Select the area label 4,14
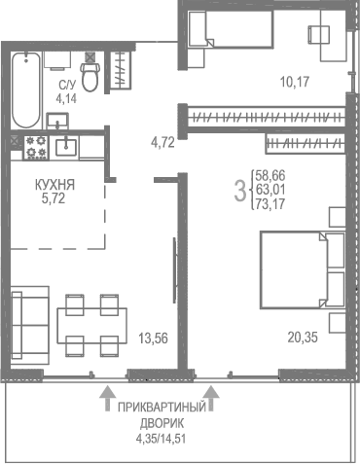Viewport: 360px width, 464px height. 66,98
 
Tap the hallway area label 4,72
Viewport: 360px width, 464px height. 163,143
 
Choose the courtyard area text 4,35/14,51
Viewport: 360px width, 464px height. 162,439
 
